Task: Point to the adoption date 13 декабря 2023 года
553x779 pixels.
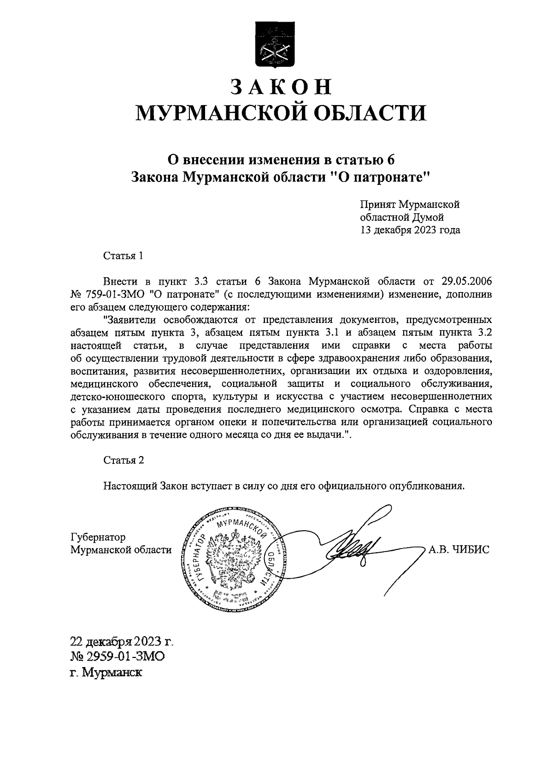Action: (410, 230)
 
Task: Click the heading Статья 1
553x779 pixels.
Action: (123, 256)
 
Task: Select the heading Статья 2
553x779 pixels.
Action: (124, 460)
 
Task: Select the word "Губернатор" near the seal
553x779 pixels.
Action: (98, 537)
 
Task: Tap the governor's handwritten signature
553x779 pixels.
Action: (359, 548)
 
